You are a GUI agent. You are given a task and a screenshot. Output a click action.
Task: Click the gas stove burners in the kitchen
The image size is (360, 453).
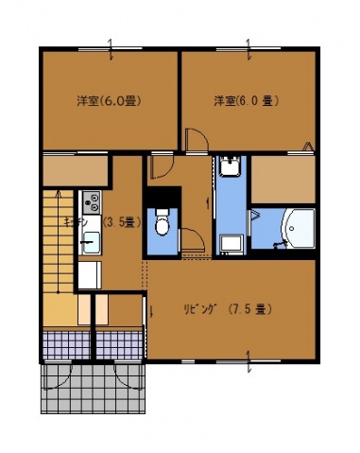point(92,201)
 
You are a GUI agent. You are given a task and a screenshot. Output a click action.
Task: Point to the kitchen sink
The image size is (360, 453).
point(90,243)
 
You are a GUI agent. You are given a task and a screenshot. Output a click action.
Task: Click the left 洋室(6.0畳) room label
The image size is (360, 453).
point(109,100)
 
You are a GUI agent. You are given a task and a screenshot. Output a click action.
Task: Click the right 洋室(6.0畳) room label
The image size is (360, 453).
point(247,100)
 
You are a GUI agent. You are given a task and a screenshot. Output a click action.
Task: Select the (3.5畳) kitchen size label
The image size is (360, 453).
point(121,223)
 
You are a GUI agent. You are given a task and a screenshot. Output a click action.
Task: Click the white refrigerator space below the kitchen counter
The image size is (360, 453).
point(89,276)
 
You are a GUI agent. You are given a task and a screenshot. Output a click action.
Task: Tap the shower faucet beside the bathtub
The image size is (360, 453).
point(278,245)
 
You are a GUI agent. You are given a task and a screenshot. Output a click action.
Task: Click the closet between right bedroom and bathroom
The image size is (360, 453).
point(282,178)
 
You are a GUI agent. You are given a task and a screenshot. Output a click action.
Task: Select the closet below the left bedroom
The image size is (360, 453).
point(76,170)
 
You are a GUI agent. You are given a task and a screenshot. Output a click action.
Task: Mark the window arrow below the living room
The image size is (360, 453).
point(248,363)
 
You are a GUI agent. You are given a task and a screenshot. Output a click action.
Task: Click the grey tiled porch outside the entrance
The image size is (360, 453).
point(94,388)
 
